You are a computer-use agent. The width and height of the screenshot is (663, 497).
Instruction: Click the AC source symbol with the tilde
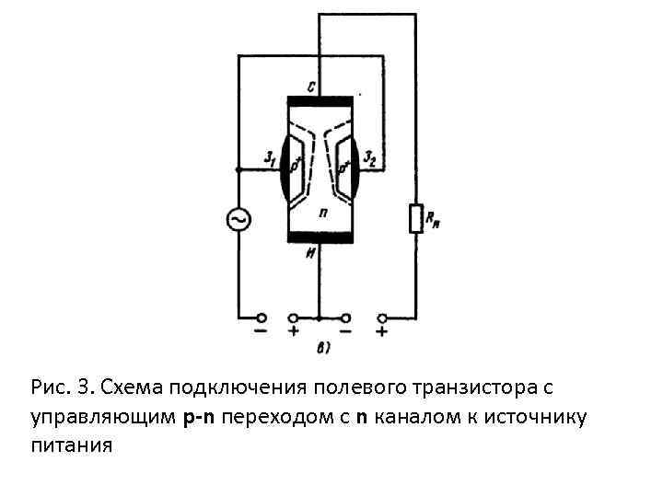pyautogui.click(x=238, y=220)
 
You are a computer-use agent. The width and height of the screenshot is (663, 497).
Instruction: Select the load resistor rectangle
pyautogui.click(x=415, y=219)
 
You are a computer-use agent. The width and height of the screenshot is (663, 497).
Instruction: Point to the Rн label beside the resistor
pyautogui.click(x=433, y=219)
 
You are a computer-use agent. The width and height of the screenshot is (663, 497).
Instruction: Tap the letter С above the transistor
pyautogui.click(x=312, y=87)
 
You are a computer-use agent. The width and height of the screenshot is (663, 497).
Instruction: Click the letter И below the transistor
pyautogui.click(x=312, y=253)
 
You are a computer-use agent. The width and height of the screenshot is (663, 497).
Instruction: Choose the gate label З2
pyautogui.click(x=370, y=157)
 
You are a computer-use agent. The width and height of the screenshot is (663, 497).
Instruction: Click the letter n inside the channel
pyautogui.click(x=323, y=212)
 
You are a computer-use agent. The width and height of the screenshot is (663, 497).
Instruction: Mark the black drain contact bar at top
pyautogui.click(x=320, y=100)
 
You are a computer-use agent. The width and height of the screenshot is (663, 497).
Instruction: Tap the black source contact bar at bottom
pyautogui.click(x=320, y=237)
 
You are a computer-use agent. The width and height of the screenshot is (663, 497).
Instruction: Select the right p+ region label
pyautogui.click(x=345, y=168)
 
